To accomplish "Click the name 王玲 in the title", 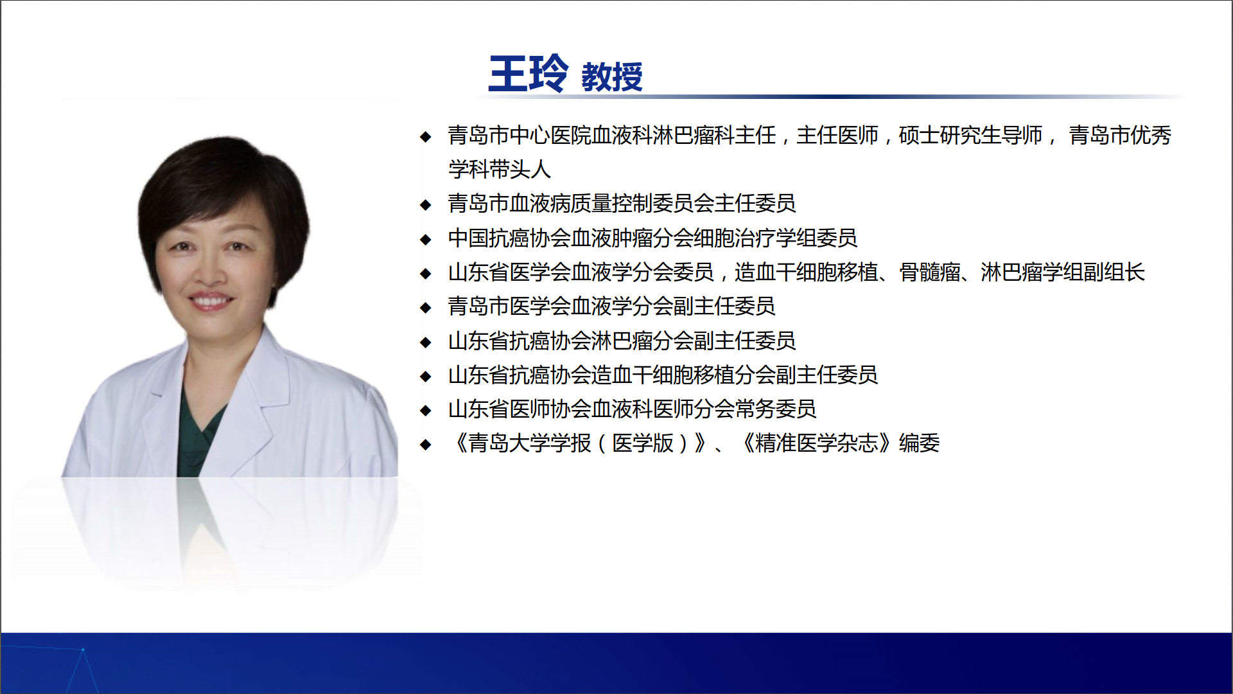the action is point(528,74).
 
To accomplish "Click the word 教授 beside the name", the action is point(612,77).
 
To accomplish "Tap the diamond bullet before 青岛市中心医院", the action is point(425,136).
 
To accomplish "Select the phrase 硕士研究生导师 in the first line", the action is point(970,136).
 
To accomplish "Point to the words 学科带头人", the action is point(500,170).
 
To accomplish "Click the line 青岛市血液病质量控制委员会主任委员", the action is point(622,204).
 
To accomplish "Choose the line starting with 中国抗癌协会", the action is point(652,238).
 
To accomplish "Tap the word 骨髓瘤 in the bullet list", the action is point(930,272).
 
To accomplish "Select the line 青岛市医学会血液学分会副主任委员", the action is point(611,307).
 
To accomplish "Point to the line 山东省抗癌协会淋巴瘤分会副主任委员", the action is point(622,341).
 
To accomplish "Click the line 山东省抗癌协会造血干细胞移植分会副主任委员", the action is point(663,375).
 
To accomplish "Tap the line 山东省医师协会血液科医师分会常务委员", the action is point(632,409).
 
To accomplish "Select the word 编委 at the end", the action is point(919,443).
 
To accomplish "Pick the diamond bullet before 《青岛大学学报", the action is point(425,444).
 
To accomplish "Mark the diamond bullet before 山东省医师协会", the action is point(425,410).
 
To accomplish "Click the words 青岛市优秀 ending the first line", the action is point(1120,136).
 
